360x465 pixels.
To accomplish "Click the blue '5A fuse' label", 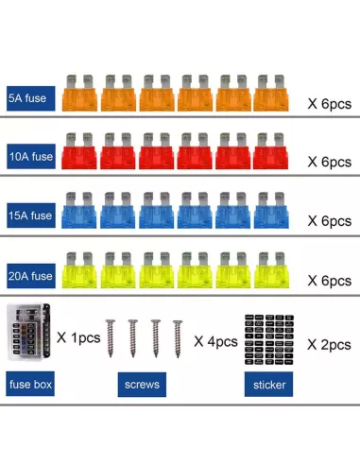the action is pos(31,98).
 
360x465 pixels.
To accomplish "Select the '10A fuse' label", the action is pos(31,156).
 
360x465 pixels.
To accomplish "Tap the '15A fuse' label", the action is pos(31,215).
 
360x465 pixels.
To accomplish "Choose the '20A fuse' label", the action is pos(31,276).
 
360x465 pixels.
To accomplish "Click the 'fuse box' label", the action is pos(30,384).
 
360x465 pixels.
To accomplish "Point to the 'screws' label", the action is pos(142,385).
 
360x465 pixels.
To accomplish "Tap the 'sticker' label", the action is pos(268,385).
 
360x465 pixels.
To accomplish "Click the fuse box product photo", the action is pos(28,332).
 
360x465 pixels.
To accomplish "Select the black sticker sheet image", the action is pos(269,339).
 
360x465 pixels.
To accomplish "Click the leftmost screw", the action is pos(111,338).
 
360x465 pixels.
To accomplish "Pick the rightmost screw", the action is pos(178,339).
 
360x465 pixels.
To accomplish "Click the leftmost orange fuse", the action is pos(79,93).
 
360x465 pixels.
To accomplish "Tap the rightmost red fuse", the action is pos(270,151).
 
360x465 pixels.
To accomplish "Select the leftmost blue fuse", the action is pos(78,210).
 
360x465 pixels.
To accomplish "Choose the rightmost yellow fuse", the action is pos(271,270).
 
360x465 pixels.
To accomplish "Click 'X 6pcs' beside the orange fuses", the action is pos(330,104).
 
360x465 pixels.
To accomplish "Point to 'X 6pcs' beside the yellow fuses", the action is pos(330,281).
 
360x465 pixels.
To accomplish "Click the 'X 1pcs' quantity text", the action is pos(78,337).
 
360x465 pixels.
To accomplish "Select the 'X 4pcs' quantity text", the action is pos(215,341).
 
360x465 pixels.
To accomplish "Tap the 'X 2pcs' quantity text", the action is pos(329,345).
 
